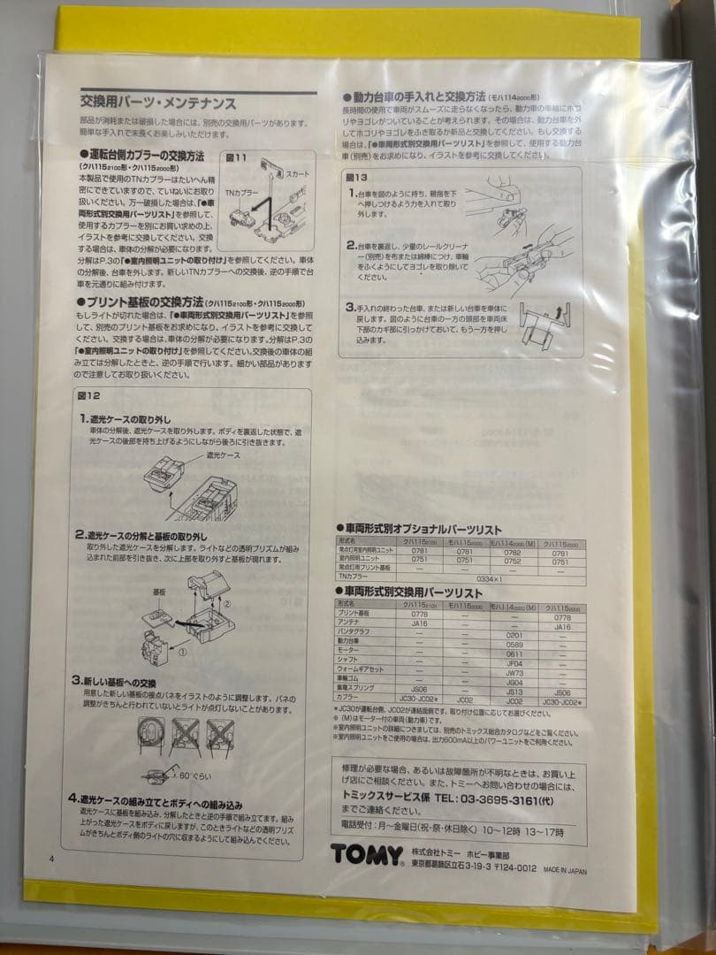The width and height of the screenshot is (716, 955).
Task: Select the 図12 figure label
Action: pyautogui.click(x=91, y=394)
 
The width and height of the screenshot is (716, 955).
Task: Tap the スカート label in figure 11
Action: pyautogui.click(x=298, y=175)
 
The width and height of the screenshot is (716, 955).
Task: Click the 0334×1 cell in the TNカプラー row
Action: pyautogui.click(x=487, y=576)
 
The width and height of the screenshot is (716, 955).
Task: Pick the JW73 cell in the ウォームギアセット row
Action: pyautogui.click(x=515, y=672)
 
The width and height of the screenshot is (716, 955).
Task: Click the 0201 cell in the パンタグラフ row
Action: pyautogui.click(x=515, y=634)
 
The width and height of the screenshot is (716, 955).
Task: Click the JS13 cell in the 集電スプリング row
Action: pyautogui.click(x=515, y=692)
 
